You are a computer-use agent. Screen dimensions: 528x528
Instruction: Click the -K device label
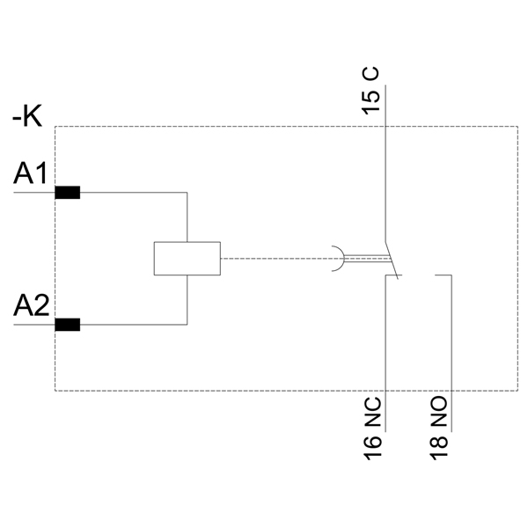[x=27, y=115]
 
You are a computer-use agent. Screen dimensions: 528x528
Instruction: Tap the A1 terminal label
[x=30, y=174]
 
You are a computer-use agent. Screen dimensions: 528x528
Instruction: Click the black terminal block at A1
[x=68, y=193]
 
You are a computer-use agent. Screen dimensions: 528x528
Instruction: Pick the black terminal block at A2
[x=68, y=325]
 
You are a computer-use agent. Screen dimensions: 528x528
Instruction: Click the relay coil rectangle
[x=187, y=259]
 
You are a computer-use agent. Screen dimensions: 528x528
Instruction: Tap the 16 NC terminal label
[x=373, y=431]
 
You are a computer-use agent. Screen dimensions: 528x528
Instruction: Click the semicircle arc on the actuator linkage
[x=340, y=259]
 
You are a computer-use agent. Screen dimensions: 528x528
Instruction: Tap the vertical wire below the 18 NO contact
[x=451, y=352]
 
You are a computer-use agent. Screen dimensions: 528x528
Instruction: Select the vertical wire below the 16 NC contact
[x=385, y=352]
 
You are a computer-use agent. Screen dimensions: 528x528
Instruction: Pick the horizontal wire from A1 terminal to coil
[x=132, y=193]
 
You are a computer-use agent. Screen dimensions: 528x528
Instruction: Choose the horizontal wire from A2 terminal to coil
[x=132, y=325]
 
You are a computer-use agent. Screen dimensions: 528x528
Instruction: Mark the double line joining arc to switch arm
[x=365, y=259]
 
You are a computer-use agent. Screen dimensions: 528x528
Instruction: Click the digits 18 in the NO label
[x=439, y=444]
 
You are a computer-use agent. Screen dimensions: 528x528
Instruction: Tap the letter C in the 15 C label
[x=372, y=75]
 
